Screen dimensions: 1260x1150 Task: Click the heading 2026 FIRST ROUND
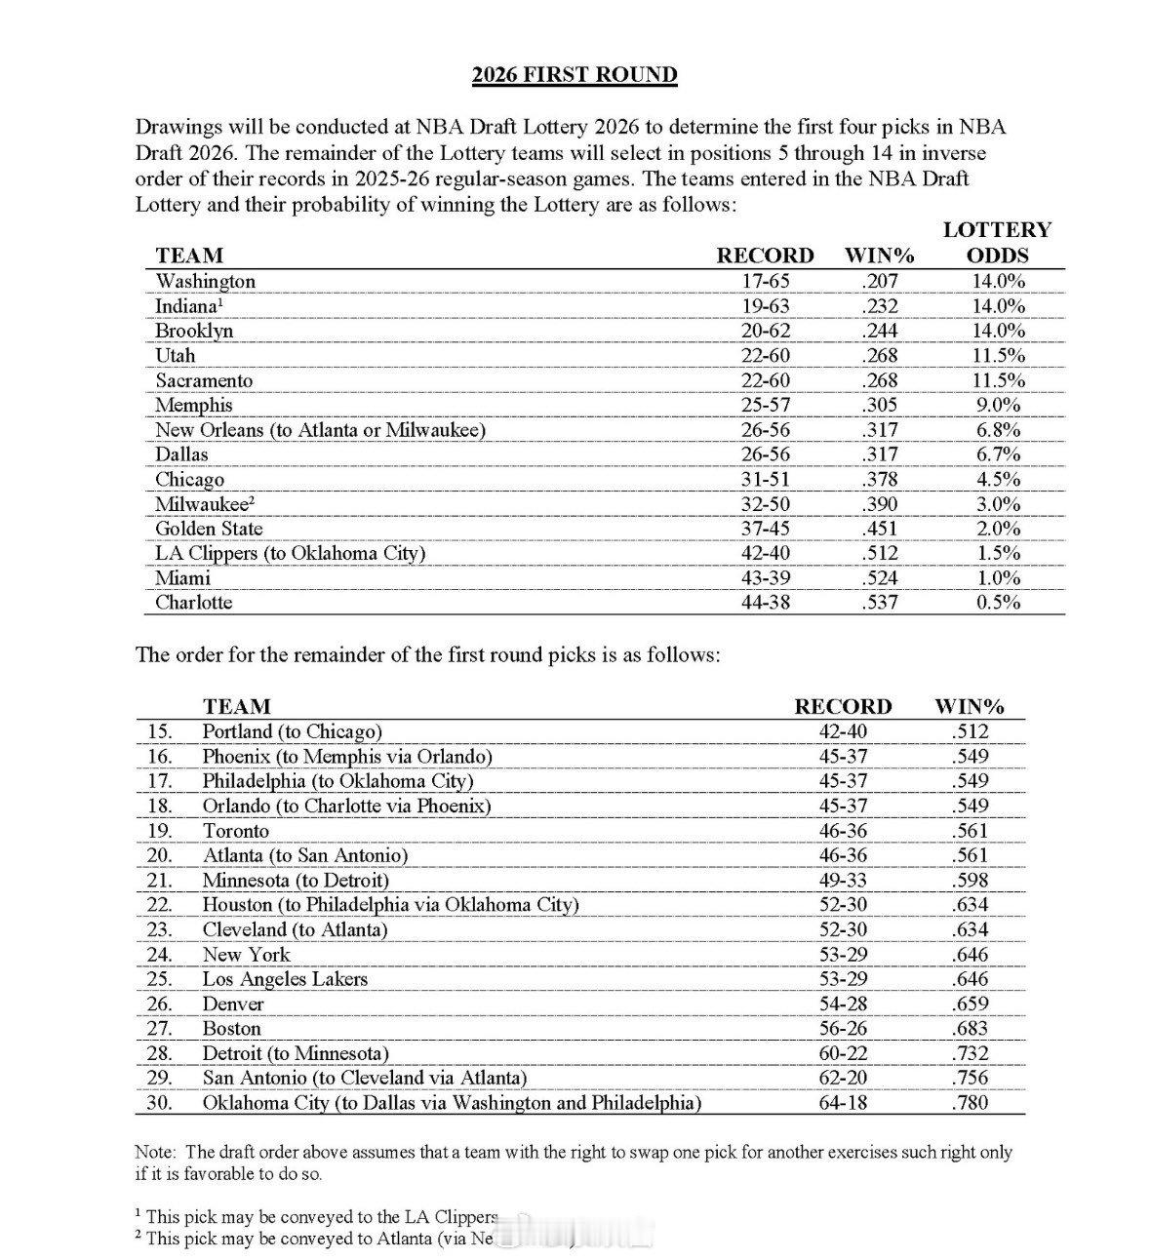[575, 75]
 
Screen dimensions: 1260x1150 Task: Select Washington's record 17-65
[765, 282]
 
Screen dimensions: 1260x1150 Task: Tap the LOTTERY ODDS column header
[996, 243]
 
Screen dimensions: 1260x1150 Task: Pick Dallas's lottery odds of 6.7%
[996, 454]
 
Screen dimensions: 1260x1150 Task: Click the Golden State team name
[209, 529]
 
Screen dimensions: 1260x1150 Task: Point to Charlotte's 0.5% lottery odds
[996, 603]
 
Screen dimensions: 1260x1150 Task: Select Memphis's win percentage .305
[879, 406]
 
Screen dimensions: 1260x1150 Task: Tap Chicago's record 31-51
[765, 480]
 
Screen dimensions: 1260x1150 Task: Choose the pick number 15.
[160, 731]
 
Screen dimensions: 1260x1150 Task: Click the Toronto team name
[235, 831]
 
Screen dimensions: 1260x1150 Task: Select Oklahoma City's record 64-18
[843, 1103]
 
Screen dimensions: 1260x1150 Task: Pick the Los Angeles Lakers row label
[285, 979]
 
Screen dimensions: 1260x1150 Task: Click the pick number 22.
[160, 905]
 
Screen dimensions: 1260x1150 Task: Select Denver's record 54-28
[843, 1004]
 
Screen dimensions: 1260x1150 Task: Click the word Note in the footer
[154, 1153]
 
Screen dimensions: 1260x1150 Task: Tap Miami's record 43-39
[765, 578]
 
